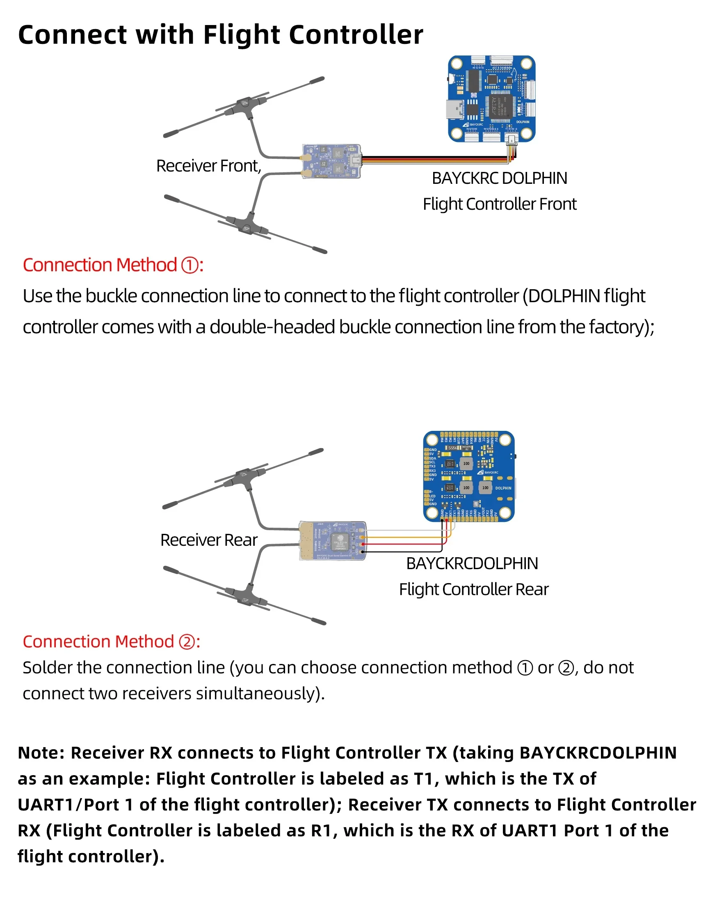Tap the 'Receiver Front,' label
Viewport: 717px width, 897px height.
[208, 166]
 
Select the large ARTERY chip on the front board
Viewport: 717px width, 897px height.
[501, 106]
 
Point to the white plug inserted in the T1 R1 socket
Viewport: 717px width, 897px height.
[511, 141]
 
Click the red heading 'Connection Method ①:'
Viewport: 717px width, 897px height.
[113, 265]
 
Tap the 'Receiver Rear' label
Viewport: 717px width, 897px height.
[209, 540]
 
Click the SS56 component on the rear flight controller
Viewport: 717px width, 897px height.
[453, 448]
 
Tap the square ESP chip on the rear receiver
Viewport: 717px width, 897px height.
[340, 541]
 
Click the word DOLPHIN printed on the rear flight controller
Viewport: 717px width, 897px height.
[503, 488]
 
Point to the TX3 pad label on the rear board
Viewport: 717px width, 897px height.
[432, 467]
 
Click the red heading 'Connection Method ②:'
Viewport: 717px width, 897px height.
[111, 641]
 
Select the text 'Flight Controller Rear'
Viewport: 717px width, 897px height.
[474, 589]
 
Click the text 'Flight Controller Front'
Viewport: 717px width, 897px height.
[499, 204]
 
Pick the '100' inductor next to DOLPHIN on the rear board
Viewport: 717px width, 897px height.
[485, 487]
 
